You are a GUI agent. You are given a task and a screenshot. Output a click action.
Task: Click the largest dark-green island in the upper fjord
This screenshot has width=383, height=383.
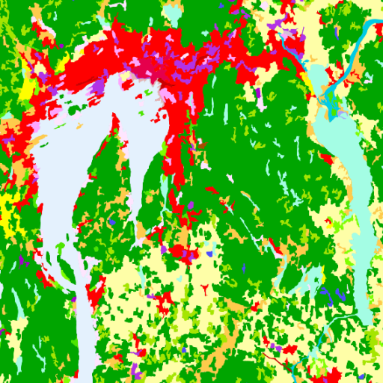tap(73, 110)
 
